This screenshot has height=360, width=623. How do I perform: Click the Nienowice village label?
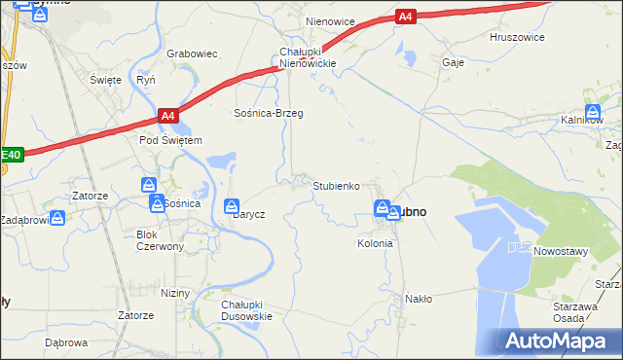coord(330,20)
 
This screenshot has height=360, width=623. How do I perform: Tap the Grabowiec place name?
coord(191,54)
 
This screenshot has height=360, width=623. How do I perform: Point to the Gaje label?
coord(453,61)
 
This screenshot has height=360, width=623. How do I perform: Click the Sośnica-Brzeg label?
coord(269,113)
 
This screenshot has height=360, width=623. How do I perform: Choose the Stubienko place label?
coord(337,185)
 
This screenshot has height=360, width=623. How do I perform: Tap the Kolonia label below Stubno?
coord(375,243)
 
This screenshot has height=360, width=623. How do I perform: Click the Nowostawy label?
coord(563,250)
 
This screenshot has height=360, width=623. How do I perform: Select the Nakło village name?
coord(418,299)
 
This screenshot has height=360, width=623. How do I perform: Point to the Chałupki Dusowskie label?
coord(246,309)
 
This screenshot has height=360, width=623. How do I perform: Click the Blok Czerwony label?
coord(161,240)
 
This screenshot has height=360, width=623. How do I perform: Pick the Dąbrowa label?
coord(66,342)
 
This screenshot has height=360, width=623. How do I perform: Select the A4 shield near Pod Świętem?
coord(168,116)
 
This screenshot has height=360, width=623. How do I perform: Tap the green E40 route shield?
coord(11,154)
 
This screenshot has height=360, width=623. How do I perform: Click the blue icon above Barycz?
coord(233,206)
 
